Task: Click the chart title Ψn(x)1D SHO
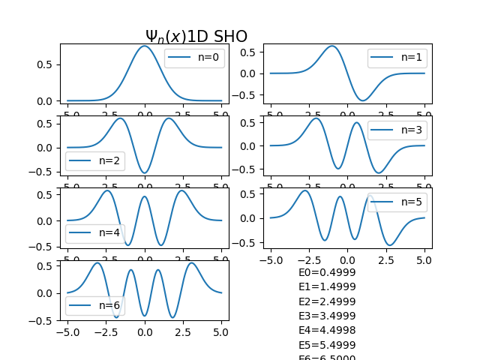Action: [196, 36]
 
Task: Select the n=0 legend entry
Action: [194, 58]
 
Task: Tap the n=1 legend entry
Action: [397, 57]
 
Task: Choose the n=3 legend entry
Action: [397, 130]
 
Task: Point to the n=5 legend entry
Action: [397, 202]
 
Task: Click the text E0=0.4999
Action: [327, 273]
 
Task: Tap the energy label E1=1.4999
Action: [327, 287]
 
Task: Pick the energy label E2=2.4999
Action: [327, 301]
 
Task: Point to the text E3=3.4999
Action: [327, 316]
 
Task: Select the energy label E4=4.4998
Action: [327, 330]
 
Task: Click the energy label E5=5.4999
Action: [327, 345]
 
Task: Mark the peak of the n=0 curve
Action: [145, 46]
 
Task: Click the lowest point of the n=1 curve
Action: [362, 100]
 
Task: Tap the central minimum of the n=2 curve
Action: [145, 173]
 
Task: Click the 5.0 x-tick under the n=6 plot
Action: [221, 330]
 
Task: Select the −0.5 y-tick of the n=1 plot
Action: [247, 95]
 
